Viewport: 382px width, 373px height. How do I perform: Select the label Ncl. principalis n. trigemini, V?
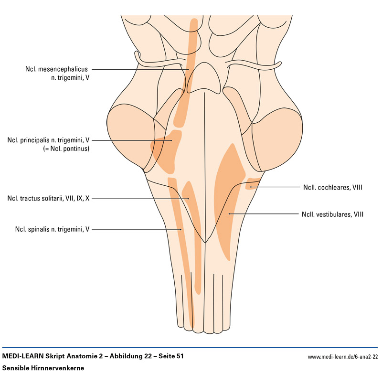click(x=49, y=140)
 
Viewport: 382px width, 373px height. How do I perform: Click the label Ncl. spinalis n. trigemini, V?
click(x=52, y=230)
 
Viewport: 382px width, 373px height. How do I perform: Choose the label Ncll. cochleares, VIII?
click(x=332, y=187)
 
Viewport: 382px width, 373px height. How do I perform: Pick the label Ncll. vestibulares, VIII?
click(x=332, y=214)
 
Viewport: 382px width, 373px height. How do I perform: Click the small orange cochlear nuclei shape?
click(x=253, y=183)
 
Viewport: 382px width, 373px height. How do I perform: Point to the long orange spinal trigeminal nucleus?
click(x=184, y=258)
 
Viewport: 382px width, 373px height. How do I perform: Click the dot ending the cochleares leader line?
click(x=251, y=187)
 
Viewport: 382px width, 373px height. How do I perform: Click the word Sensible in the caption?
click(x=16, y=367)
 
